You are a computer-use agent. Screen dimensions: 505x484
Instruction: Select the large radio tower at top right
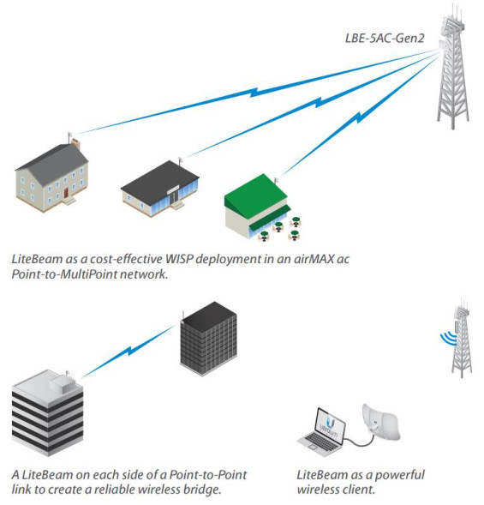[x=452, y=69]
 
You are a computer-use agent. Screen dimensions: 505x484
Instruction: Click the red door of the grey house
[x=66, y=195]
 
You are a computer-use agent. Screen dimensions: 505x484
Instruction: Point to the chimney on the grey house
[x=75, y=142]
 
